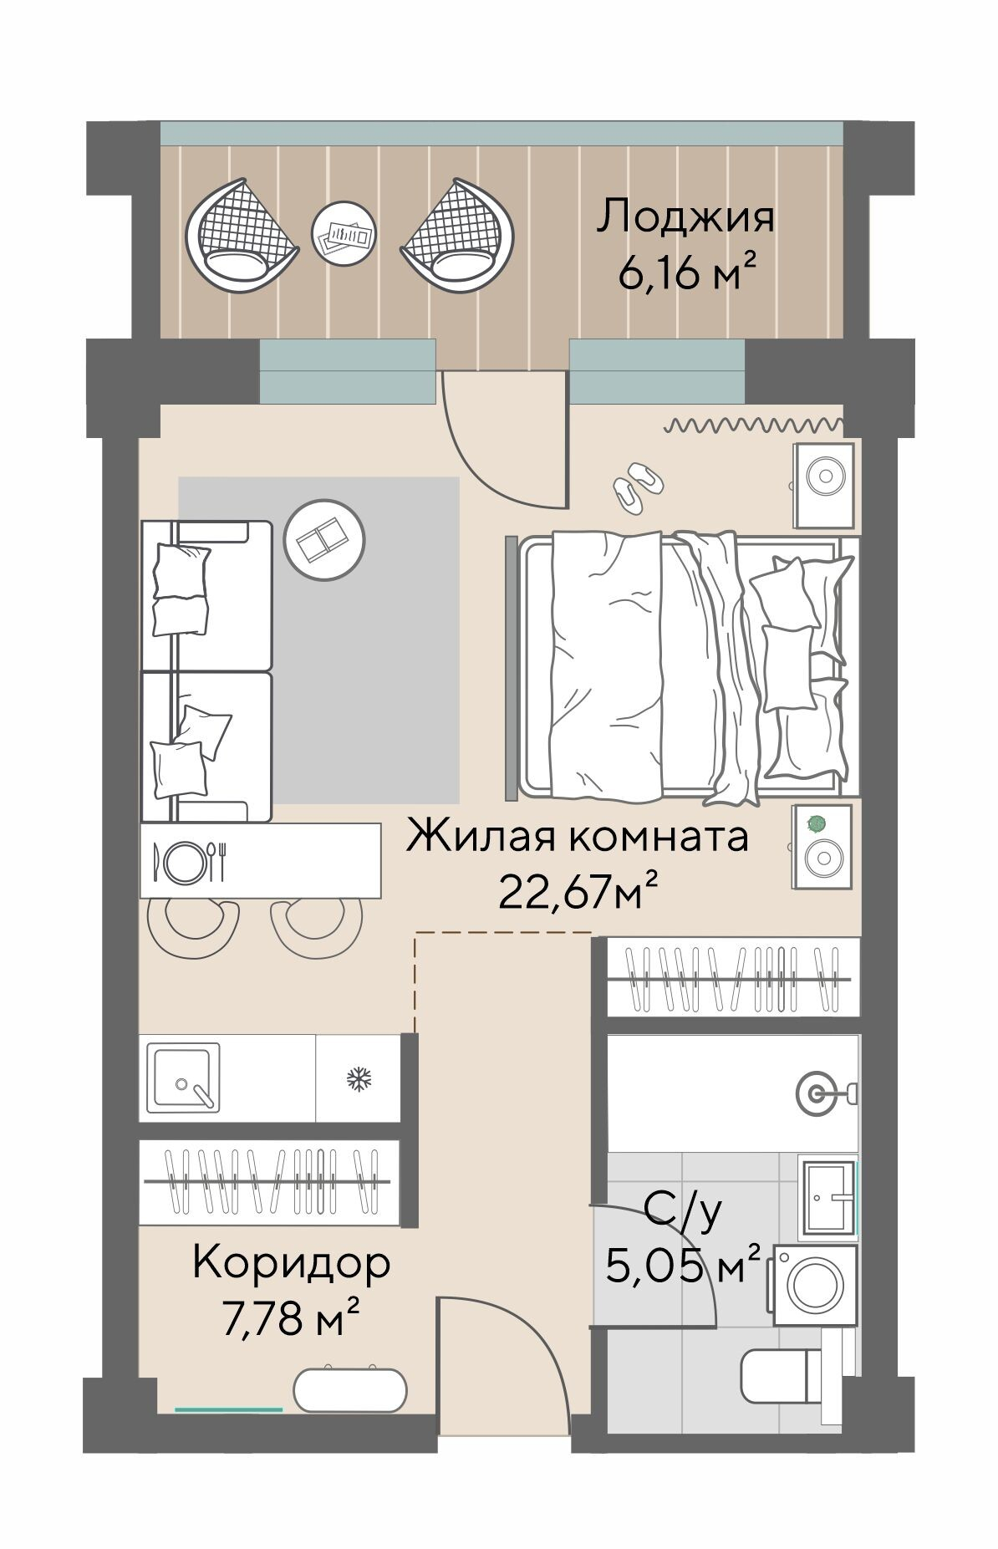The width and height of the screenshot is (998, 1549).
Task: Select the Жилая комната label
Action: coord(577,837)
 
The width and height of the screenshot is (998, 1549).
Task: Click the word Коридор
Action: coord(292,1264)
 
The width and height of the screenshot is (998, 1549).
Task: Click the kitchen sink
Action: coord(183,1078)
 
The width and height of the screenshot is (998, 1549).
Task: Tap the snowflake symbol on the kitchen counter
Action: coord(359,1079)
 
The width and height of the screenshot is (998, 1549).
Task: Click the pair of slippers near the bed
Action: coord(637,483)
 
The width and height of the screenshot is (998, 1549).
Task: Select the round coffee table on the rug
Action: coord(324,539)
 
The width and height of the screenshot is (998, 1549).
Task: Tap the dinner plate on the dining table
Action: coord(185,861)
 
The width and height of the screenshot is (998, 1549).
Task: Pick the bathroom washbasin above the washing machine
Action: coord(828,1197)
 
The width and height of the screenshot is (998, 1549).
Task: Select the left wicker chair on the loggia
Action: coord(242,234)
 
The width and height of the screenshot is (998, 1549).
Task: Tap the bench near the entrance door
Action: coord(351,1388)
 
